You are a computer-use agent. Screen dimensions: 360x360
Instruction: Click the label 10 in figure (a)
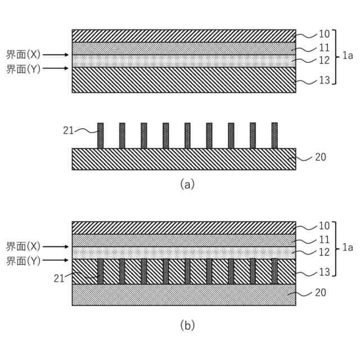pos(324,34)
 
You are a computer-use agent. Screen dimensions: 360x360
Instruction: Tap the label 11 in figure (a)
pos(324,48)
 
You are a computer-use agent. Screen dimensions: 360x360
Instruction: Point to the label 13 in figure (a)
pos(324,80)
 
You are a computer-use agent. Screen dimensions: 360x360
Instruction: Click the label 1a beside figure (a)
pos(348,56)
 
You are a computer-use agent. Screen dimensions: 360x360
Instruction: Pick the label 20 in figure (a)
pos(321,157)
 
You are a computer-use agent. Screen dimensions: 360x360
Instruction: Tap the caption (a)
pos(187,183)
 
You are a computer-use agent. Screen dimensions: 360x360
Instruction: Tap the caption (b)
pos(187,325)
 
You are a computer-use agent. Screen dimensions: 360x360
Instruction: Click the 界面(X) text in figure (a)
pos(23,55)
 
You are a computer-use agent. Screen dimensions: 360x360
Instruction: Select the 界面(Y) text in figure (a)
pos(23,69)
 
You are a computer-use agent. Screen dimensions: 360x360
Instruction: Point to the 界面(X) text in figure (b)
pos(23,246)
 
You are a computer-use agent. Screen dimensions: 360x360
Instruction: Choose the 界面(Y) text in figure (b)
pos(23,261)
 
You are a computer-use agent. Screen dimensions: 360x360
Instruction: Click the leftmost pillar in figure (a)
pos(101,136)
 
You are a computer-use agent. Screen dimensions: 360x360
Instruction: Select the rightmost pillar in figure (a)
pos(274,136)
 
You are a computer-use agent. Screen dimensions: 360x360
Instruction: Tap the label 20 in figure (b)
pos(321,292)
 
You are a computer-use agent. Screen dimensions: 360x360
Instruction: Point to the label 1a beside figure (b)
pos(348,247)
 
